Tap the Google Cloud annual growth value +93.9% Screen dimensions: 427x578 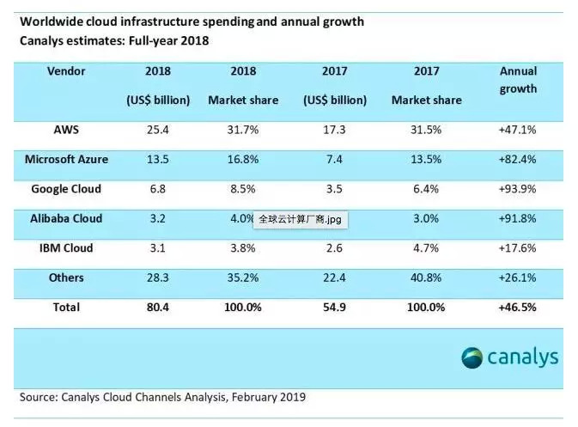(x=518, y=189)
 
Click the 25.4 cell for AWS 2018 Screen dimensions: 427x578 (x=158, y=130)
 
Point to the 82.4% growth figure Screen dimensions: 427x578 (x=518, y=159)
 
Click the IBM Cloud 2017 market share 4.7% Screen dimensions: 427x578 (x=427, y=248)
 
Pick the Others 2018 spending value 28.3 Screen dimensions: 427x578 (x=158, y=278)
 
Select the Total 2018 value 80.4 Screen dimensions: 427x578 (x=158, y=307)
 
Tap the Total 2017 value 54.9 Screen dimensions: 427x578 (x=335, y=307)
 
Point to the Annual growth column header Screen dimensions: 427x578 (x=518, y=79)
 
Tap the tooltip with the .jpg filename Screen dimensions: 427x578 (x=300, y=220)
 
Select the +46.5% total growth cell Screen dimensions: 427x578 (x=518, y=307)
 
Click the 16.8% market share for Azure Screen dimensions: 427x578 (x=243, y=159)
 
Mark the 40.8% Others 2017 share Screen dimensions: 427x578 (x=427, y=278)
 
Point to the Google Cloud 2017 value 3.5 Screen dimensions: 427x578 (x=335, y=189)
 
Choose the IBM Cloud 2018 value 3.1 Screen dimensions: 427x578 (x=158, y=248)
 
